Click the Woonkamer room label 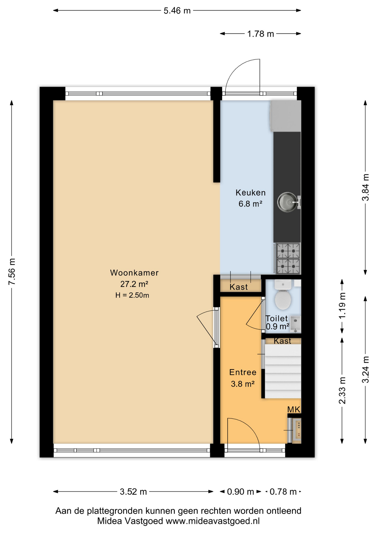pos(134,273)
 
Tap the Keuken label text pos(250,192)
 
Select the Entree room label pos(243,372)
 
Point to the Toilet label pos(277,318)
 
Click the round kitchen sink pos(287,202)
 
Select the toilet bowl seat pos(283,300)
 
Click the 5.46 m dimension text pos(177,11)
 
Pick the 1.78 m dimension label pos(260,34)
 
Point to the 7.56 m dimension pos(12,271)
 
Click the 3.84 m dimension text pos(366,187)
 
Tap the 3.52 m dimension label pos(133,492)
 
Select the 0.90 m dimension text pos(240,492)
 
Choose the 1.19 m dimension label pos(342,306)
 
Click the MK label pos(294,409)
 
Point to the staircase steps pos(283,371)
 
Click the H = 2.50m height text pos(132,295)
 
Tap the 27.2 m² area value pos(134,284)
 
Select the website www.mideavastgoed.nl pos(213,521)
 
